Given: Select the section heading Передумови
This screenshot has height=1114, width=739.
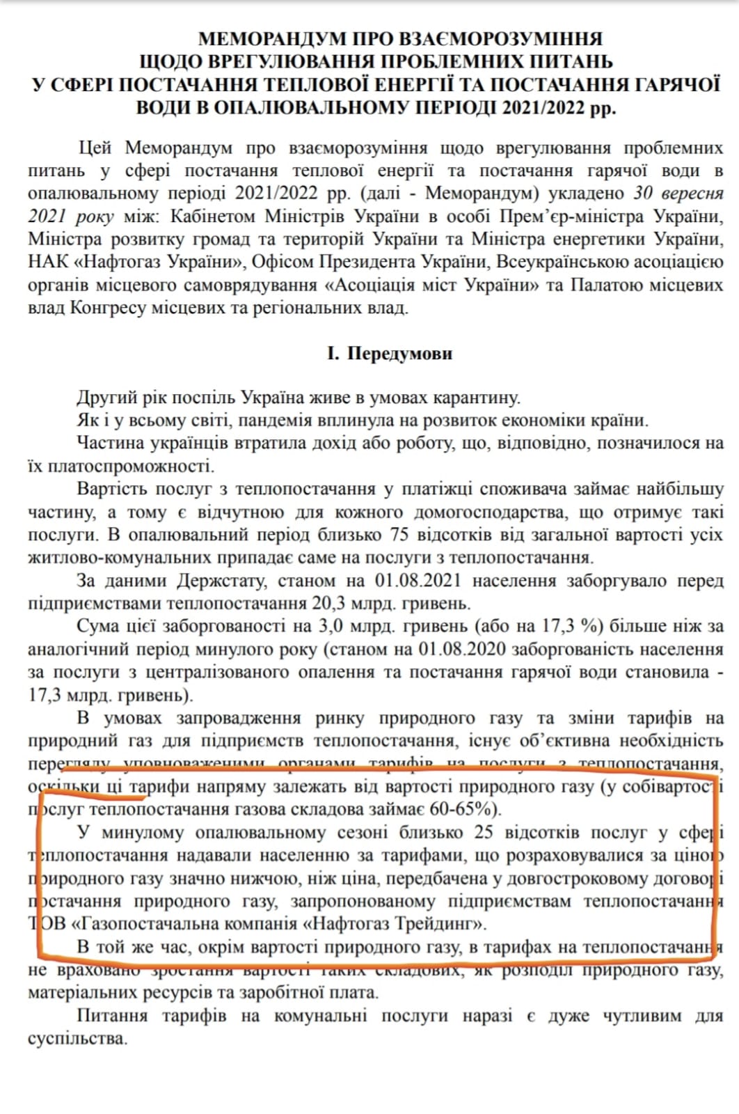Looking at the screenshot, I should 399,354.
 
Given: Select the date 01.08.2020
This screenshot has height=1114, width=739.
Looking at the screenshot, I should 461,650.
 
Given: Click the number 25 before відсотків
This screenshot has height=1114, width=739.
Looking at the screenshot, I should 484,832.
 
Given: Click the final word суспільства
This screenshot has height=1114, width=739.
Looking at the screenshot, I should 77,1039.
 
